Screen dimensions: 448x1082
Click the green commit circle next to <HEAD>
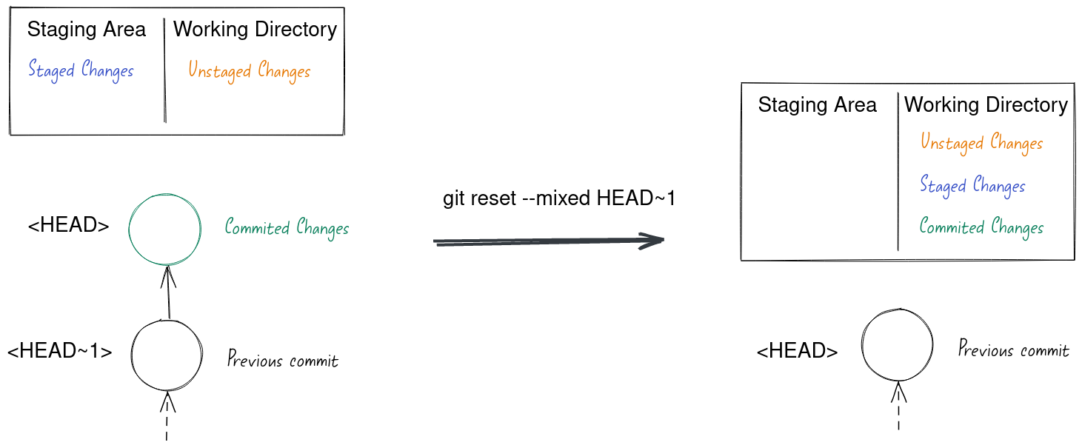pyautogui.click(x=165, y=229)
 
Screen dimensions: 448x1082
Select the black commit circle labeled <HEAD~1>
pyautogui.click(x=167, y=355)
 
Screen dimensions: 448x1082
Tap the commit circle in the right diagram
pyautogui.click(x=897, y=345)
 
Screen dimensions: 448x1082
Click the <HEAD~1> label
pyautogui.click(x=60, y=351)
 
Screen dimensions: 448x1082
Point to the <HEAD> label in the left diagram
pyautogui.click(x=68, y=226)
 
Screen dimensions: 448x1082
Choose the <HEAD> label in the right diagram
pyautogui.click(x=797, y=351)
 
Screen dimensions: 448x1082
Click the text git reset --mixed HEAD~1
pyautogui.click(x=559, y=198)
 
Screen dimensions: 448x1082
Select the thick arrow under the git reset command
pyautogui.click(x=548, y=241)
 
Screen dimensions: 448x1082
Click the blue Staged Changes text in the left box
pyautogui.click(x=81, y=71)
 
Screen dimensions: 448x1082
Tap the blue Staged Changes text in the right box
pyautogui.click(x=972, y=185)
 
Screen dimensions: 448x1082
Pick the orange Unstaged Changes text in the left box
pyautogui.click(x=249, y=71)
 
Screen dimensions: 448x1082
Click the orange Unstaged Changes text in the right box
pyautogui.click(x=981, y=142)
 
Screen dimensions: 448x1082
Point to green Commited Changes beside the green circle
pyautogui.click(x=287, y=228)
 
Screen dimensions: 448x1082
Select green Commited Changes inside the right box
pyautogui.click(x=981, y=227)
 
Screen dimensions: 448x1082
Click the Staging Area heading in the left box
pyautogui.click(x=87, y=30)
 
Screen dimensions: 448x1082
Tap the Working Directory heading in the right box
pyautogui.click(x=986, y=105)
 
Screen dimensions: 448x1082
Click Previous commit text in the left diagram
pyautogui.click(x=283, y=361)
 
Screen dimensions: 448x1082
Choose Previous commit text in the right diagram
pyautogui.click(x=1013, y=350)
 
